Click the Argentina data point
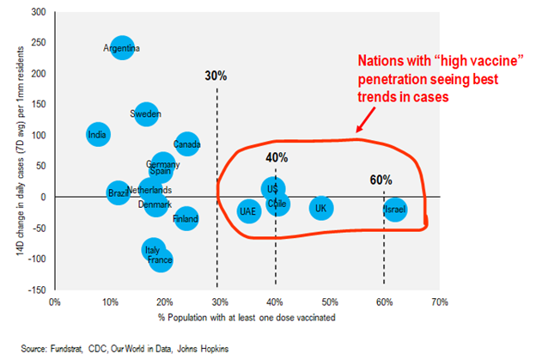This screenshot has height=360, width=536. [x=122, y=48]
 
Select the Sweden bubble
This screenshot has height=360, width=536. [x=146, y=113]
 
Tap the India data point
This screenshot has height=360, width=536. [x=98, y=134]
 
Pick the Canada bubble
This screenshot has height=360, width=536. [x=186, y=143]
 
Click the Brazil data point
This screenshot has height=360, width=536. [x=119, y=193]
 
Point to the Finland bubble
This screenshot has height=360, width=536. [x=186, y=219]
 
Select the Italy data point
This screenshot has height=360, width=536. [x=153, y=250]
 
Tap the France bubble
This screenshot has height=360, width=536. [x=160, y=259]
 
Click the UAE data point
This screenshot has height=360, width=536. [x=248, y=211]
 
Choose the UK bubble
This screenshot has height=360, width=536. [x=320, y=208]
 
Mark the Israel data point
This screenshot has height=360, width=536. [x=394, y=210]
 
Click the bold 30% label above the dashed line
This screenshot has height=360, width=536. [x=216, y=76]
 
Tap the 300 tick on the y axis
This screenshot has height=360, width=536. [x=39, y=12]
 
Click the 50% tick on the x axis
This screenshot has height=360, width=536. [x=329, y=302]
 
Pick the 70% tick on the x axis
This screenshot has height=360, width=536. [x=439, y=302]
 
